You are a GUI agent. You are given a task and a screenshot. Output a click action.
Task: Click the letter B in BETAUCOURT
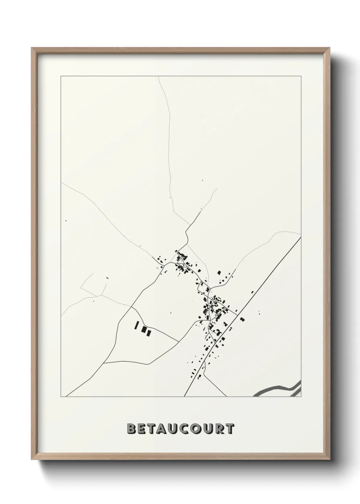pos(131,429)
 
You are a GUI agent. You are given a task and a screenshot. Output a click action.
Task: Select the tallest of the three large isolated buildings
pos(137,326)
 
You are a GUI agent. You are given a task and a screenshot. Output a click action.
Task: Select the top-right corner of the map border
pos(301,76)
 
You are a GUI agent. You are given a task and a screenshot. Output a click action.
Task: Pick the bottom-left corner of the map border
pos(61,397)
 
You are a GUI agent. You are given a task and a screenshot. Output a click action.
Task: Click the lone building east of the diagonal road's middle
pos(242,319)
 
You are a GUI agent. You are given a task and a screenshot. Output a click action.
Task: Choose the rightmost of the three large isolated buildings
pos(148,332)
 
